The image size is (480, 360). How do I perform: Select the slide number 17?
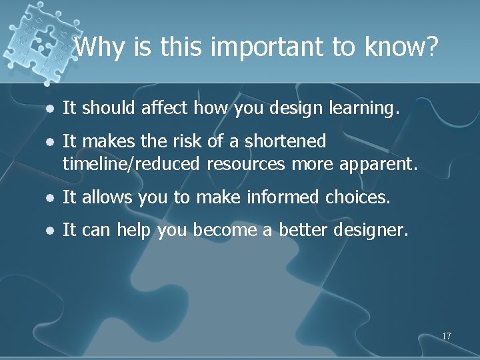coord(446,336)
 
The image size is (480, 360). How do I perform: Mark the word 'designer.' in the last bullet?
coord(369,230)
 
